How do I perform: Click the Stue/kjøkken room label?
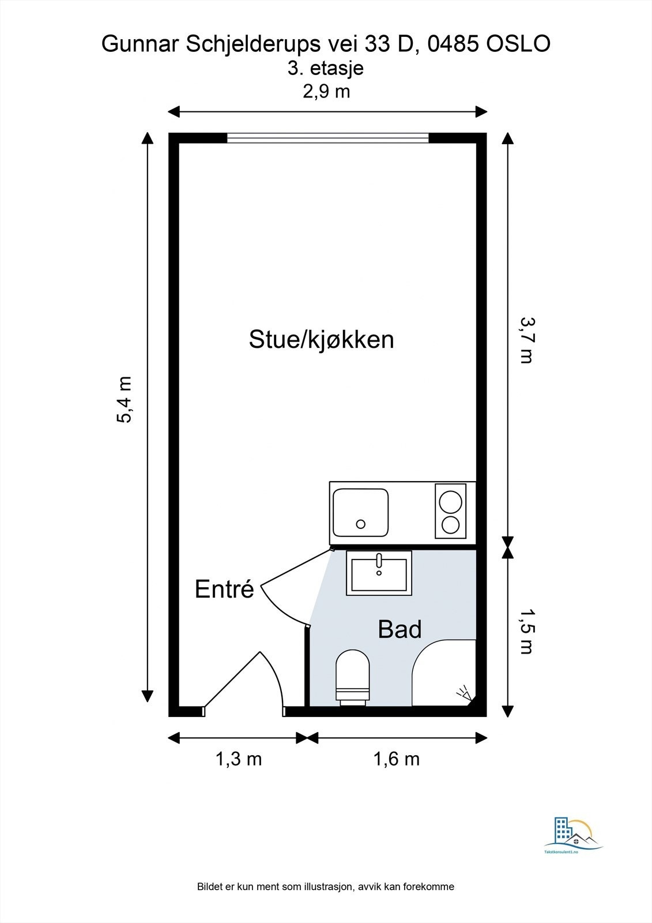(x=321, y=340)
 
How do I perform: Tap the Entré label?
(x=224, y=589)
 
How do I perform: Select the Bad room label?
(x=400, y=629)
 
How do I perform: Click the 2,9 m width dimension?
(x=327, y=92)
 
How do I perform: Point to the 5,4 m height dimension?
(x=124, y=399)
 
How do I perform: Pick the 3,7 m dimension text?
(x=526, y=340)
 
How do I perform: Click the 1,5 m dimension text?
(x=526, y=631)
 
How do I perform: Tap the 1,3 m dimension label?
(x=239, y=759)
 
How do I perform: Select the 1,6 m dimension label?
(x=396, y=759)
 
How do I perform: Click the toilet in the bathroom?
(x=353, y=678)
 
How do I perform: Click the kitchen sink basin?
(x=360, y=512)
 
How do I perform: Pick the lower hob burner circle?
(x=450, y=525)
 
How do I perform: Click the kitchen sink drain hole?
(x=361, y=524)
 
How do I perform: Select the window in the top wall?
(x=328, y=138)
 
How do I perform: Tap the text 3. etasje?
(x=325, y=68)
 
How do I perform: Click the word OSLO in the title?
(x=519, y=44)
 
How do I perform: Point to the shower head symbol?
(x=465, y=693)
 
